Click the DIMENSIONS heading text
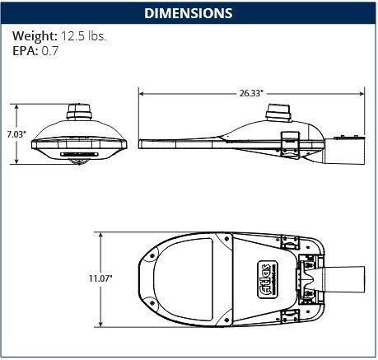(188, 13)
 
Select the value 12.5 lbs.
(84, 37)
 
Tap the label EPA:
(25, 51)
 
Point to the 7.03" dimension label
(16, 134)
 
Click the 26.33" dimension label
(252, 94)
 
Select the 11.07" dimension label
(100, 280)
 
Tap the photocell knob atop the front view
(79, 110)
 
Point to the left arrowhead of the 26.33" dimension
(140, 94)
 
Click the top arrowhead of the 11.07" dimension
(100, 234)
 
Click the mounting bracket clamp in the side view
(290, 143)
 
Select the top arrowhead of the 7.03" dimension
(16, 106)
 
